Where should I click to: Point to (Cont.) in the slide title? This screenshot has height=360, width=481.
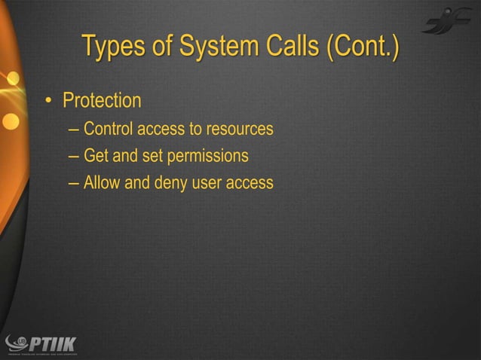[359, 46]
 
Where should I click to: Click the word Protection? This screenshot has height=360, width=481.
[102, 100]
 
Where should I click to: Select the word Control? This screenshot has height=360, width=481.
[106, 130]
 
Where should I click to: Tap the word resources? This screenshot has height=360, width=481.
[240, 130]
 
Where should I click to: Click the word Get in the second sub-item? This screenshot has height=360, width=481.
[96, 157]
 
